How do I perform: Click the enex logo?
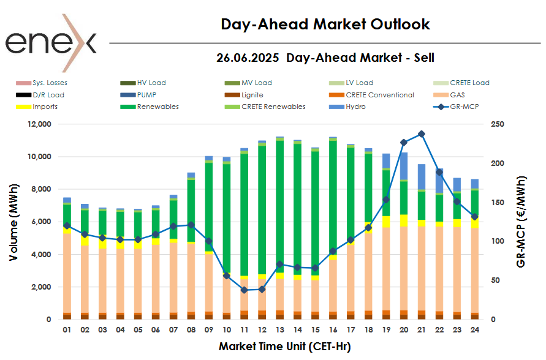click(x=51, y=43)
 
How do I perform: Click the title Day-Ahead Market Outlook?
click(x=325, y=24)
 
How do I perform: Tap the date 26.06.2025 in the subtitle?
click(x=248, y=58)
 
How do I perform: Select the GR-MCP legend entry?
click(x=456, y=107)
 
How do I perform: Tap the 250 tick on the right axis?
click(x=498, y=124)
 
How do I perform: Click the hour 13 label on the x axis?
click(x=279, y=330)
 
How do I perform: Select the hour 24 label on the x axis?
click(x=474, y=330)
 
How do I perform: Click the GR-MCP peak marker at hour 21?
click(x=421, y=134)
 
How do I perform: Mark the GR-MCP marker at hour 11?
click(x=244, y=290)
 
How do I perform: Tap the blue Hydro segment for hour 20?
click(x=403, y=165)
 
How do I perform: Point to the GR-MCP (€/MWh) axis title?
click(x=521, y=222)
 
